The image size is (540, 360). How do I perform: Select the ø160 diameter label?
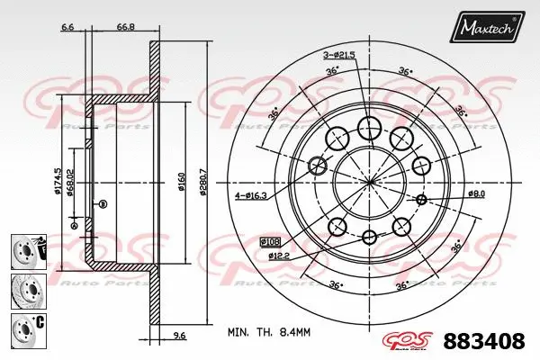182,181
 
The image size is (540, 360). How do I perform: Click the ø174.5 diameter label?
58,181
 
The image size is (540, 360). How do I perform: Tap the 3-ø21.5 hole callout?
338,56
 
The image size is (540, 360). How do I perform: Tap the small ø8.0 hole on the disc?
421,198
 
